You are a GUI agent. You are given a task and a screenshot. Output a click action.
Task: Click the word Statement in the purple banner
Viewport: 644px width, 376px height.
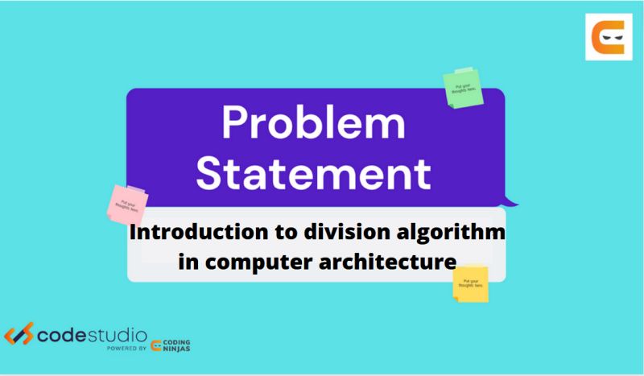pyautogui.click(x=315, y=172)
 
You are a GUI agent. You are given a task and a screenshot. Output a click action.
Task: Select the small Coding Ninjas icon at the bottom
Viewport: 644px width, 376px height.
pyautogui.click(x=158, y=344)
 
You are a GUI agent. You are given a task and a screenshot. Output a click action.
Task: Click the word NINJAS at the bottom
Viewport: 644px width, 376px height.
pyautogui.click(x=180, y=349)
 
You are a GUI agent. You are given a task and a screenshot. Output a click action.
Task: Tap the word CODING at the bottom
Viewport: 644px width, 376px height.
pyautogui.click(x=180, y=340)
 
